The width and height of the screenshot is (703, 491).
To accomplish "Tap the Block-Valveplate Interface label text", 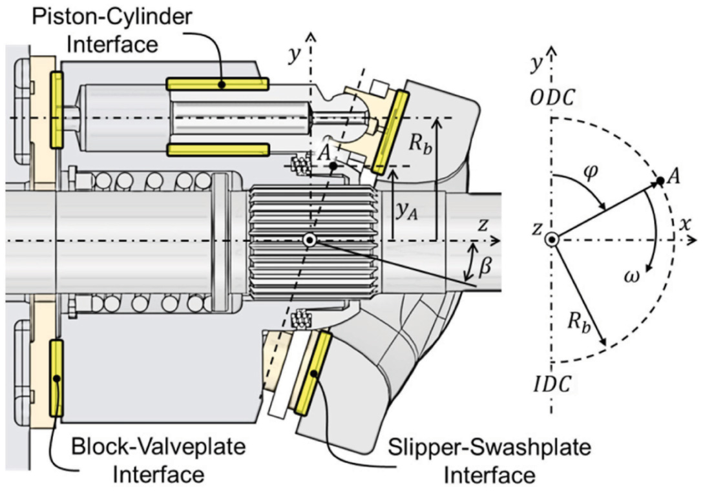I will (158, 460).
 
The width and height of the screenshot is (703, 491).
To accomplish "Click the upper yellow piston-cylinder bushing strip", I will (217, 84).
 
